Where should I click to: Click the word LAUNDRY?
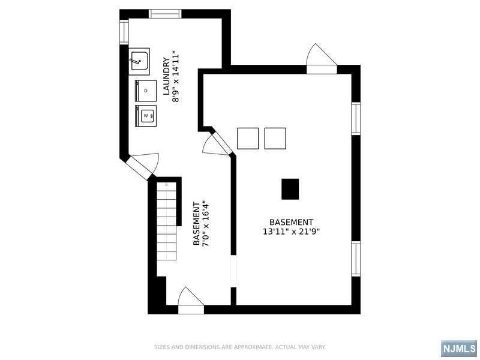(166, 76)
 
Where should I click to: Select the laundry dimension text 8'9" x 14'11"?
(175, 76)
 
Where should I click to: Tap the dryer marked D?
(146, 91)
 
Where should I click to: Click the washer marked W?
(146, 116)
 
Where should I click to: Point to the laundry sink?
(139, 62)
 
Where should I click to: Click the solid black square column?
(290, 189)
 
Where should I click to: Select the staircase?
(167, 221)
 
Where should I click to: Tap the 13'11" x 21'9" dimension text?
(291, 232)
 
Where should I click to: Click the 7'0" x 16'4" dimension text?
(206, 223)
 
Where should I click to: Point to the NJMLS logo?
(459, 349)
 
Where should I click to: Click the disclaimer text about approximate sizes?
(239, 347)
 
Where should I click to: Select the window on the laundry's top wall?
(166, 14)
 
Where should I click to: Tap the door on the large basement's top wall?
(322, 59)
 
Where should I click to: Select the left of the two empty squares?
(248, 139)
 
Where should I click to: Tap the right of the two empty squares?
(275, 139)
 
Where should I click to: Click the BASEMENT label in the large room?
(291, 222)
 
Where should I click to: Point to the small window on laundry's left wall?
(124, 32)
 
